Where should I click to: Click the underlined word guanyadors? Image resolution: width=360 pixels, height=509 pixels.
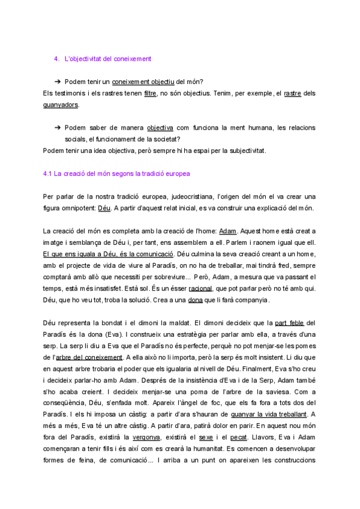tap(61, 104)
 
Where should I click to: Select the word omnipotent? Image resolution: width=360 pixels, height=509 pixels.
tap(77, 208)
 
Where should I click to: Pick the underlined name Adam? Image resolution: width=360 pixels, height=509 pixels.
tap(228, 230)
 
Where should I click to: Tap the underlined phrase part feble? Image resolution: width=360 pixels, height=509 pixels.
tap(289, 323)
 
